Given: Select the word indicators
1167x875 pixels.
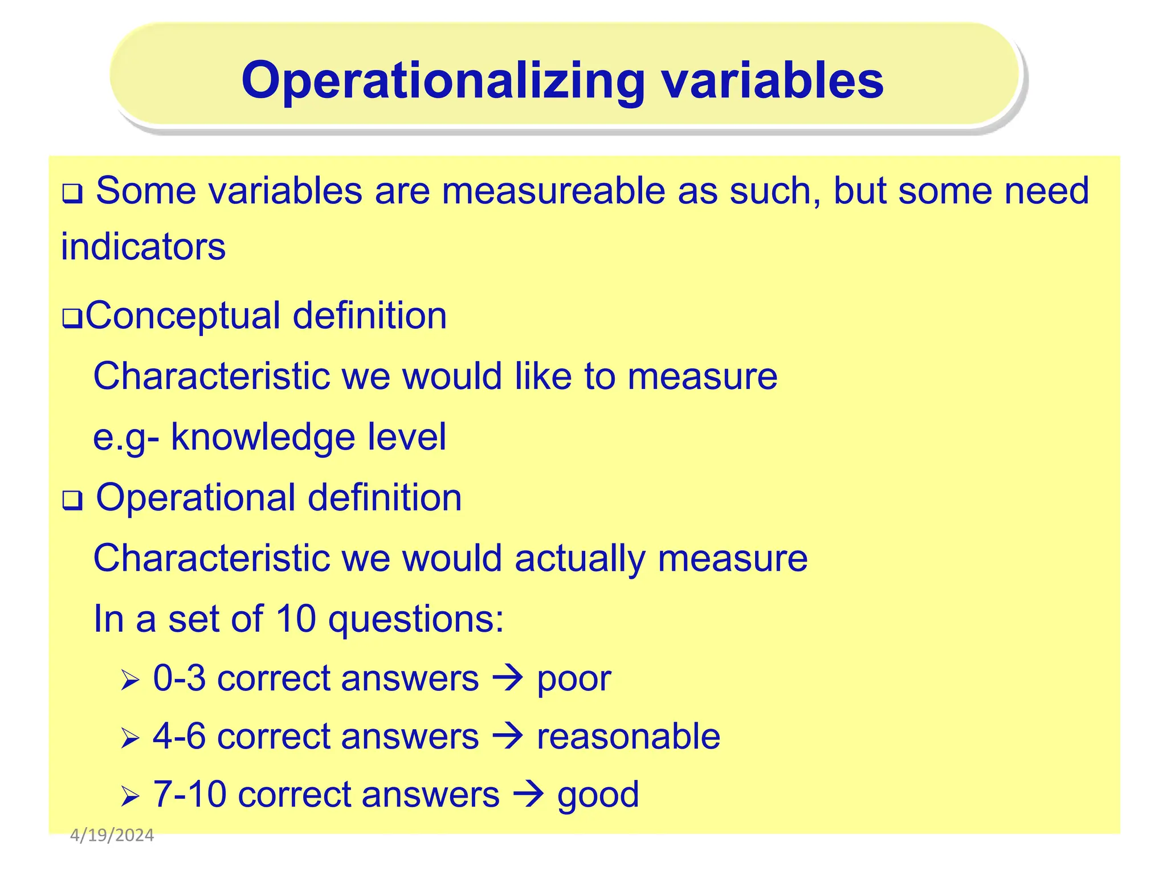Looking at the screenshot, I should point(143,247).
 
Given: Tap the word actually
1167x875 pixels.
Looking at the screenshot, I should point(580,558).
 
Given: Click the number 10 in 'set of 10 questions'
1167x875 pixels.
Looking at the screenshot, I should point(296,619).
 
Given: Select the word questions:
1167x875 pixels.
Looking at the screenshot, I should point(417,620).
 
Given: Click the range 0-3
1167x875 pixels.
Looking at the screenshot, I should point(179,678).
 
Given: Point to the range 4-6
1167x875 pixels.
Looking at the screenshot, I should point(179,736).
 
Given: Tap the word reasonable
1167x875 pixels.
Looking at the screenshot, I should point(629,736).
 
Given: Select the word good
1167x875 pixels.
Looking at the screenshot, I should point(598,795).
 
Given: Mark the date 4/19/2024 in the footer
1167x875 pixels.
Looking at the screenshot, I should point(112,836).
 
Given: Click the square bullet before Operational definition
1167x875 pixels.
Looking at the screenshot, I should point(72,501).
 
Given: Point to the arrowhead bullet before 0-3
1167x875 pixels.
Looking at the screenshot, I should point(130,680).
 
